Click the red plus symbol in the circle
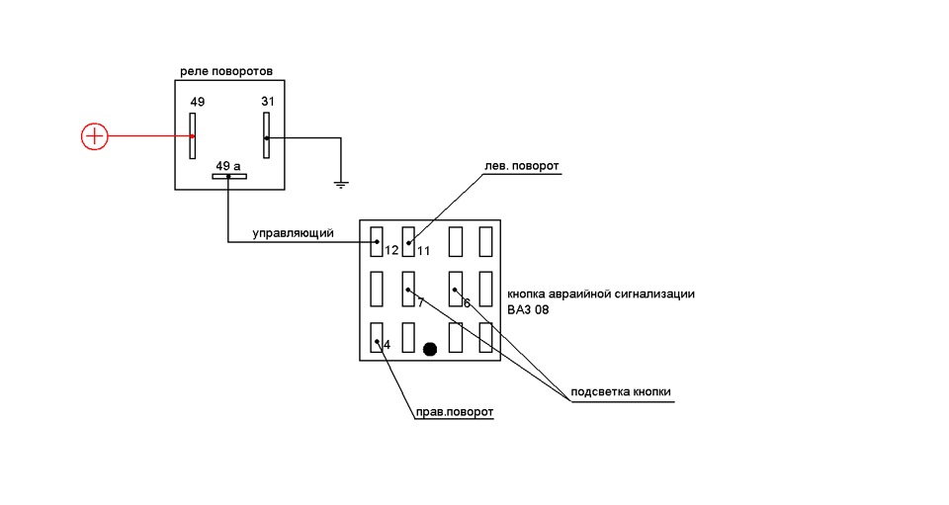[x=95, y=136]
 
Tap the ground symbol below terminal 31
[x=341, y=185]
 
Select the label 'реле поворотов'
[x=226, y=71]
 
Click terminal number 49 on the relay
[x=198, y=102]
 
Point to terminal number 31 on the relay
[x=268, y=101]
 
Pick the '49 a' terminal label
[x=228, y=166]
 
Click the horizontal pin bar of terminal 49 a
[x=228, y=177]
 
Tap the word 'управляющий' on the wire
[x=293, y=233]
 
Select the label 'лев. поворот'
[x=522, y=166]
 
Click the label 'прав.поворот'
[x=455, y=412]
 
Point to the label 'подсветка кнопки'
[x=621, y=391]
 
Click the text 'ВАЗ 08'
[x=528, y=309]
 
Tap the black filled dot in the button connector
[x=430, y=349]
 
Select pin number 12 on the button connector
[x=391, y=250]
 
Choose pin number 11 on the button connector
[x=424, y=250]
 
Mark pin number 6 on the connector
[x=467, y=303]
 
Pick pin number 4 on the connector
[x=388, y=345]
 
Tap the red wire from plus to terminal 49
[x=150, y=136]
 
